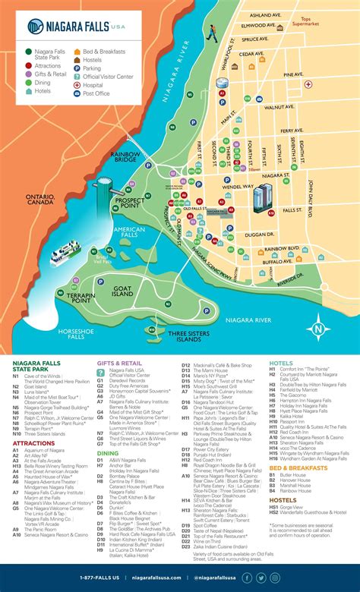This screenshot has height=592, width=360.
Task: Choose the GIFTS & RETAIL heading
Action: pos(119,363)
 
